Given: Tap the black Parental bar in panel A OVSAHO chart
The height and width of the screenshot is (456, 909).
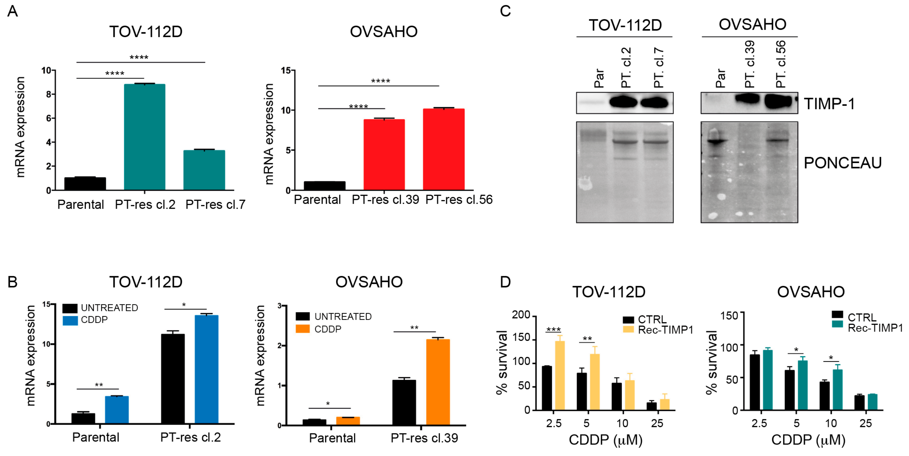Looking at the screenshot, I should tap(324, 185).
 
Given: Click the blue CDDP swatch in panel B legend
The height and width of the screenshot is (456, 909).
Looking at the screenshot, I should tap(70, 320).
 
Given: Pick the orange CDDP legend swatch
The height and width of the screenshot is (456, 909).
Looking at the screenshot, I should tap(302, 329).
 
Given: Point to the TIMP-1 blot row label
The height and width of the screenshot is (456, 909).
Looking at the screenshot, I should tap(829, 104).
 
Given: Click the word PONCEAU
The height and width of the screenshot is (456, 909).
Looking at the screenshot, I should tap(842, 163).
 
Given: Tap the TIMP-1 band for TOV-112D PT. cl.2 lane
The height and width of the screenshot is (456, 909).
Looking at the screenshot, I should tap(624, 103).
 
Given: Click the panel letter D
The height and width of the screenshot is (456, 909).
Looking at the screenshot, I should tap(505, 282).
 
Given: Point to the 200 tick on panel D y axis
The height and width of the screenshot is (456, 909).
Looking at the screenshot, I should tap(521, 314).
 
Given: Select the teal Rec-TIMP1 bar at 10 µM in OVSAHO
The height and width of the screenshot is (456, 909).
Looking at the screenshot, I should tap(837, 390).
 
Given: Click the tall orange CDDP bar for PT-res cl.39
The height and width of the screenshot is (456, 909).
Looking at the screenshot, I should tap(438, 382).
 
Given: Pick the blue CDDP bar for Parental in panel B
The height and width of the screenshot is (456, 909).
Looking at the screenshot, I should tap(116, 409).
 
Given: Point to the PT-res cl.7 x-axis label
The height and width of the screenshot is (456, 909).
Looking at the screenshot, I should tap(215, 204).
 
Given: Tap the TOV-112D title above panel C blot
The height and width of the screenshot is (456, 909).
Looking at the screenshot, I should tap(625, 25).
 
